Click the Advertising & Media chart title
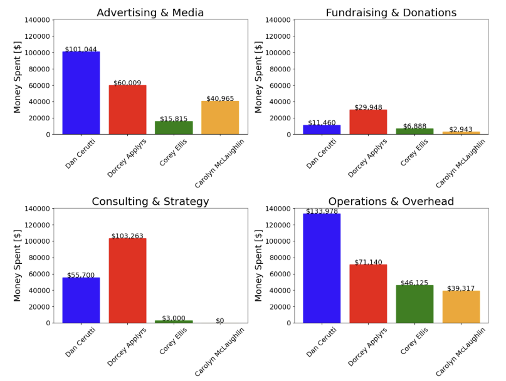click(150, 13)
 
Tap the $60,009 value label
click(127, 82)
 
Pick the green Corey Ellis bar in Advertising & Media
click(174, 127)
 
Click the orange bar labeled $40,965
click(220, 117)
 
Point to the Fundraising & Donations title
click(391, 13)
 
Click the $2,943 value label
click(461, 129)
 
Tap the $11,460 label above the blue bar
click(322, 122)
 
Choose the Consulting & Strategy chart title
click(150, 202)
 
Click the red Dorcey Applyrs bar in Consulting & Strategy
click(127, 280)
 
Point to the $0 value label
click(220, 321)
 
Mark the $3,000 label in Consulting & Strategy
click(174, 318)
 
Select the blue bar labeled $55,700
click(81, 300)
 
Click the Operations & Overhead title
click(391, 202)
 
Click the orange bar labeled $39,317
click(461, 306)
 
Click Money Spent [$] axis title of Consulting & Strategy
click(18, 266)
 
